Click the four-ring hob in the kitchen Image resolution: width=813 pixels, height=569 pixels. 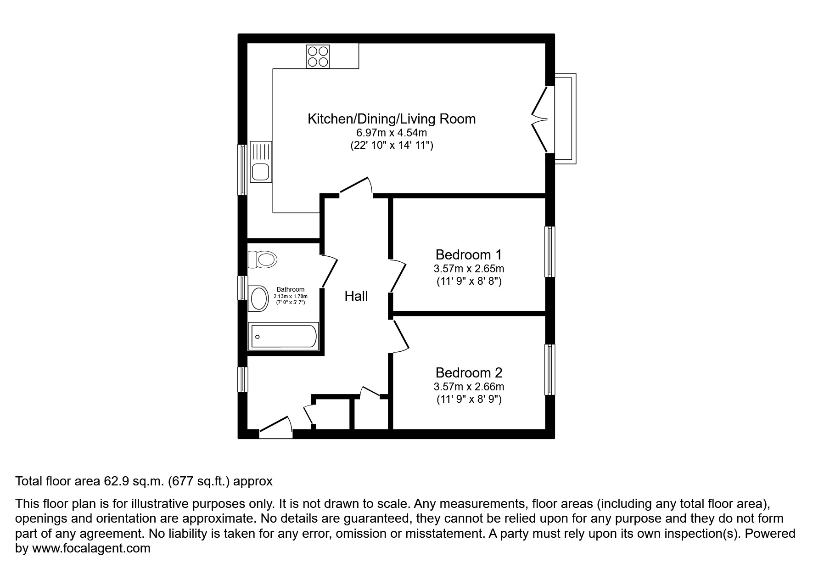click(318, 56)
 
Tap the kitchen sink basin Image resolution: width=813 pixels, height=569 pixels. click(261, 172)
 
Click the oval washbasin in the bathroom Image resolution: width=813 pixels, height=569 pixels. click(258, 299)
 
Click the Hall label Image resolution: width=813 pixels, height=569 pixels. click(356, 296)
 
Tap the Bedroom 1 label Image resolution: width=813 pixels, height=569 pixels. click(469, 254)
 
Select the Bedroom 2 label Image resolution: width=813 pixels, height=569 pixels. click(469, 372)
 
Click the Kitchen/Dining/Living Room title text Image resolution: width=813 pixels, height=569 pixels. click(392, 119)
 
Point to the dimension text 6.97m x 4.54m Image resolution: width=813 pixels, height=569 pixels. click(392, 133)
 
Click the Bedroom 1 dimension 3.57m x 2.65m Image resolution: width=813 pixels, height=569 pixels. click(469, 269)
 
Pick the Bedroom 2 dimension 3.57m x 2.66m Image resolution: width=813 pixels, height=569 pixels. click(469, 387)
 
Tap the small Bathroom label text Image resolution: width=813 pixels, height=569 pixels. click(290, 289)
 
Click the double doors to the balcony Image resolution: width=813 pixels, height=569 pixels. click(541, 119)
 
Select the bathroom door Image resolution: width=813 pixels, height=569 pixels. click(329, 272)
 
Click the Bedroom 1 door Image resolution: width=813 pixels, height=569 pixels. click(398, 276)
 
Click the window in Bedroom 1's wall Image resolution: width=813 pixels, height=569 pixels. click(549, 251)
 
